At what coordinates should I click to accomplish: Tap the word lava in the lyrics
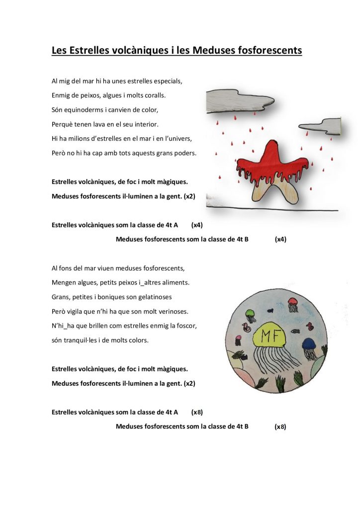[100, 123]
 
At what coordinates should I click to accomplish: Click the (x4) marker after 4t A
[197, 225]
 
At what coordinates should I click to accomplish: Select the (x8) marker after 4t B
[280, 427]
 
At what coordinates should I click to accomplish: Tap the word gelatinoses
[154, 297]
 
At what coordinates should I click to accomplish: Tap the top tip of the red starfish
[271, 145]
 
